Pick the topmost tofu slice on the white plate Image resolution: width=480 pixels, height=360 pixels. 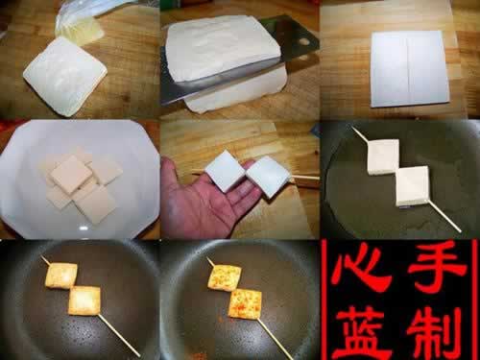tap(70, 173)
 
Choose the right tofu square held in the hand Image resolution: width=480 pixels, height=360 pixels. tap(267, 176)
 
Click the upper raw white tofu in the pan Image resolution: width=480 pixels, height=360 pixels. tap(382, 156)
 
